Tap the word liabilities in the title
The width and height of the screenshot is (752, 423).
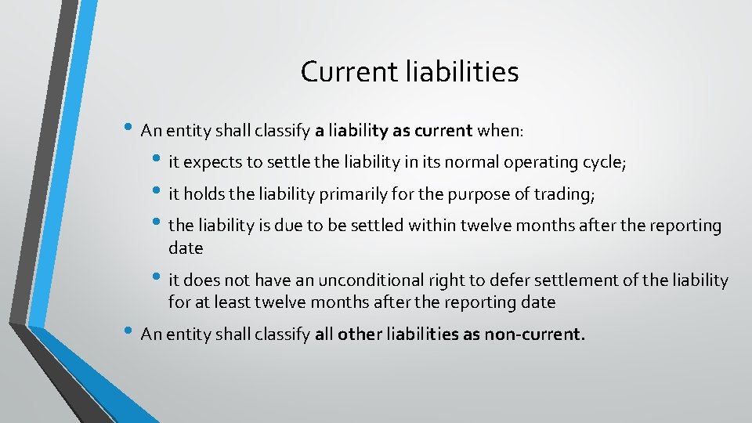coord(463,72)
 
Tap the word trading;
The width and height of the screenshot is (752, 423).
coord(567,194)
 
